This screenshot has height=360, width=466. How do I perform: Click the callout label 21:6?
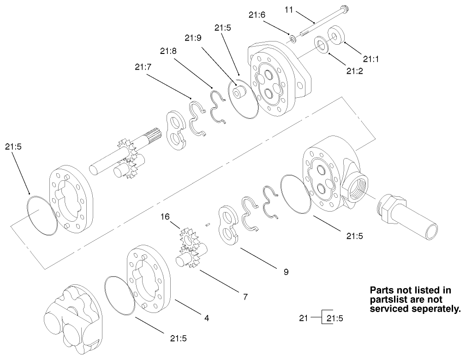tap(257, 15)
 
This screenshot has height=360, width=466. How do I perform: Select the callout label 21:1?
tap(370, 59)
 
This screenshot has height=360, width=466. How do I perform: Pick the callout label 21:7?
tap(143, 67)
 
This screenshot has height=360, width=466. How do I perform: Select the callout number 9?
tap(286, 272)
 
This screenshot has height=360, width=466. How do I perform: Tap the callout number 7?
tap(245, 297)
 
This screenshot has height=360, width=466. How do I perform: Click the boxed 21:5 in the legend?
tap(335, 318)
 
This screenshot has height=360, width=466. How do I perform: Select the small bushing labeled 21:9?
tap(240, 92)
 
